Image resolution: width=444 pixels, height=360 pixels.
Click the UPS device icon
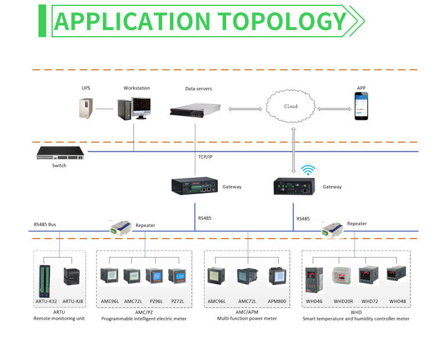tap(86, 108)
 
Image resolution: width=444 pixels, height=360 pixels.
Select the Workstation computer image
tap(134, 108)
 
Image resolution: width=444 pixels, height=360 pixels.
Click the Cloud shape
tap(291, 107)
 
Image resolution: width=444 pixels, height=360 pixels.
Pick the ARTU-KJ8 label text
tap(73, 301)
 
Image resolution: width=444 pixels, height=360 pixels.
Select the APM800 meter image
tap(277, 277)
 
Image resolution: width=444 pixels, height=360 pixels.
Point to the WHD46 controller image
tap(313, 280)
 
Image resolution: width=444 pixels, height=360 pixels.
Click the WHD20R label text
tap(343, 301)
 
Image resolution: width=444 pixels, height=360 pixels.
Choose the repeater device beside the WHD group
tap(331, 229)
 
